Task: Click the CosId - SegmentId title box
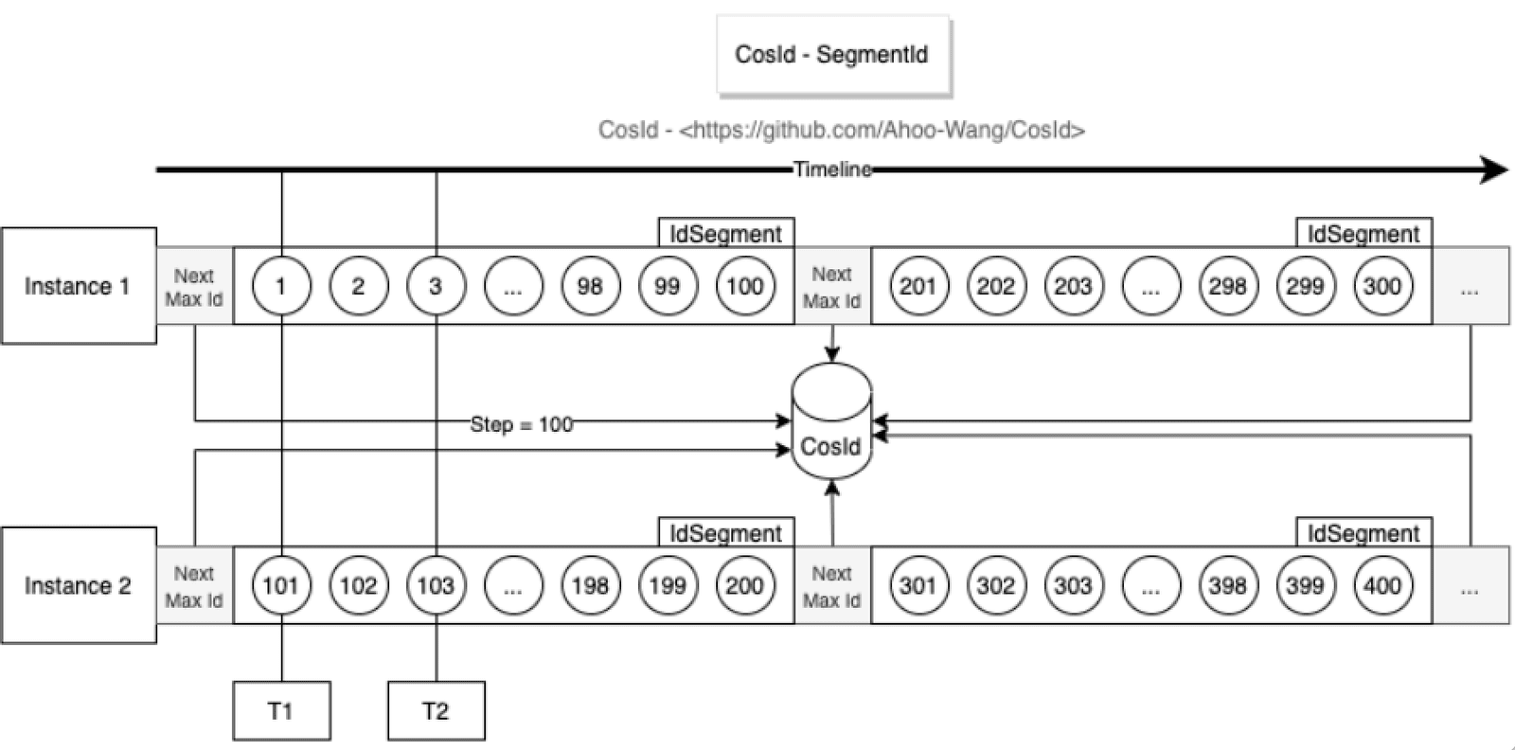[833, 55]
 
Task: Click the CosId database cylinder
[832, 421]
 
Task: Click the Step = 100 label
[522, 424]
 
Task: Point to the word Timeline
[832, 170]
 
